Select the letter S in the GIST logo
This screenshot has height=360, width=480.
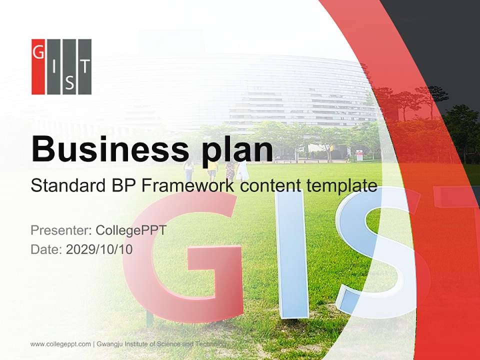69,84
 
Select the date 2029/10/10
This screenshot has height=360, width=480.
99,249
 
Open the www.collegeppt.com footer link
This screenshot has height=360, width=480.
60,344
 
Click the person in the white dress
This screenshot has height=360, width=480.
243,170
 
